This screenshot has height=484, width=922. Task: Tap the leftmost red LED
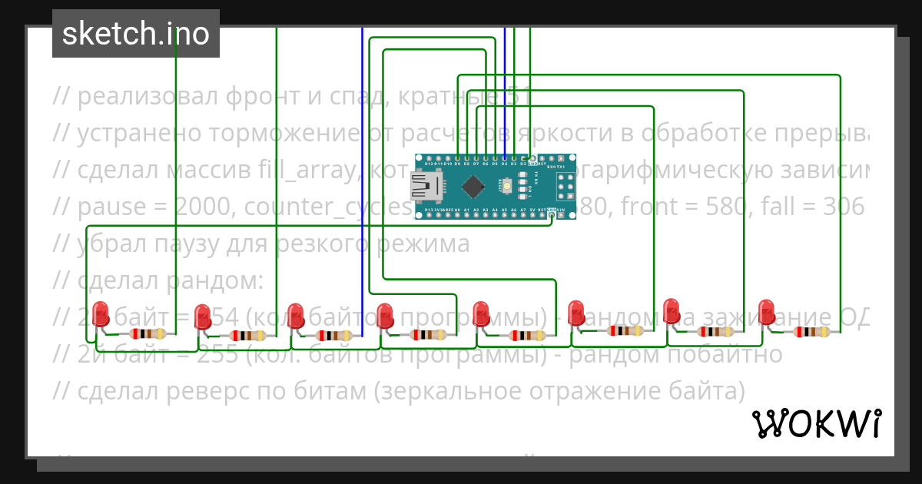(101, 313)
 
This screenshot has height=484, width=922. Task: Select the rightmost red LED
(767, 311)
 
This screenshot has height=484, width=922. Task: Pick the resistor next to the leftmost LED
(146, 333)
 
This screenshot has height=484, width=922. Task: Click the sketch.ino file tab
(136, 34)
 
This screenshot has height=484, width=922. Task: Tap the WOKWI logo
(816, 423)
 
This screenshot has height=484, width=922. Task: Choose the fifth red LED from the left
(481, 313)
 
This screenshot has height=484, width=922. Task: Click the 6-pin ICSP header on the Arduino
(565, 185)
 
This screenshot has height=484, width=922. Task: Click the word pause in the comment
(112, 207)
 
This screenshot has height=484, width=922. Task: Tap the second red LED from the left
(202, 315)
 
